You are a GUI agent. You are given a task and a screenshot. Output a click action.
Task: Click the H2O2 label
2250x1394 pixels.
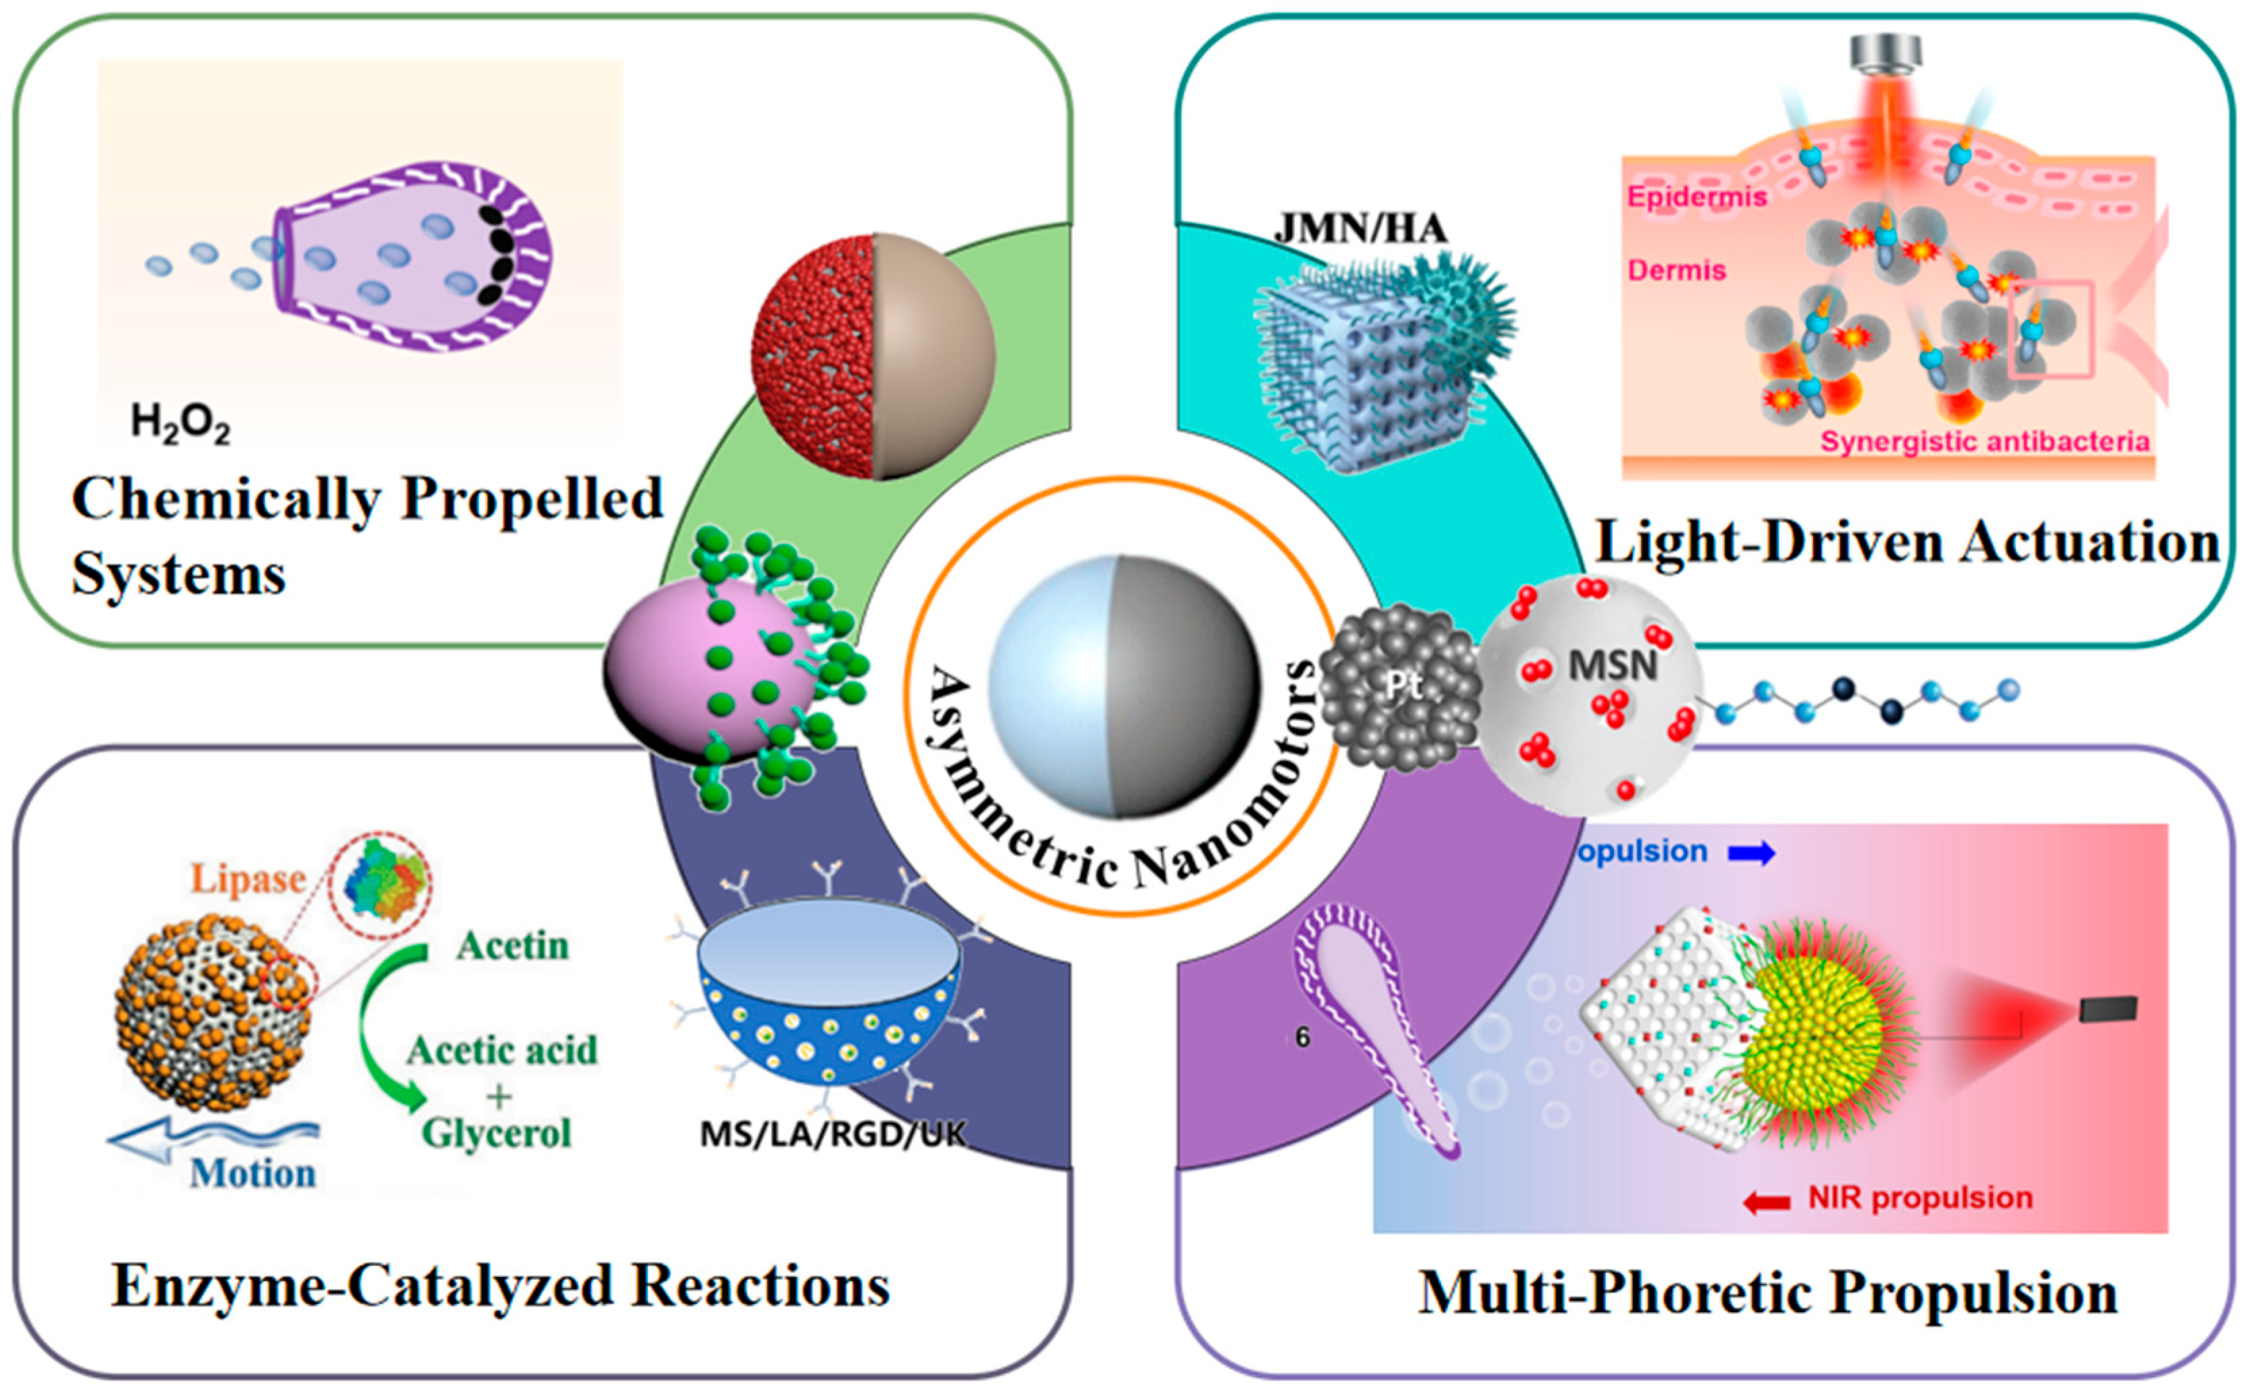tap(180, 423)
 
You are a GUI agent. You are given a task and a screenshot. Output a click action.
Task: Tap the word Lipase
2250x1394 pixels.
tap(247, 879)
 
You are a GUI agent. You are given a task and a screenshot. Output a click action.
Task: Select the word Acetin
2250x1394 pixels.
tap(513, 946)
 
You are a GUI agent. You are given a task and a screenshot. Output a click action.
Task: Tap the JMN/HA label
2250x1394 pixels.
tap(1360, 228)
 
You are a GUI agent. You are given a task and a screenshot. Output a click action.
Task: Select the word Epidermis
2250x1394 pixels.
tap(1697, 196)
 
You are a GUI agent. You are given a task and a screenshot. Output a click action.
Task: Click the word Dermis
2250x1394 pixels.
tap(1676, 270)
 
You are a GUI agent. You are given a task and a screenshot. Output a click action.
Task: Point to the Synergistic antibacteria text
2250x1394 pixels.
tap(1984, 442)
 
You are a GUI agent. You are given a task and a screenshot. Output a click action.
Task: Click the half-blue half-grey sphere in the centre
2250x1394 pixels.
tap(1123, 687)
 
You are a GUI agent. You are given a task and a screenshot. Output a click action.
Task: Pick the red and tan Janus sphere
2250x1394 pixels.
tap(873, 357)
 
